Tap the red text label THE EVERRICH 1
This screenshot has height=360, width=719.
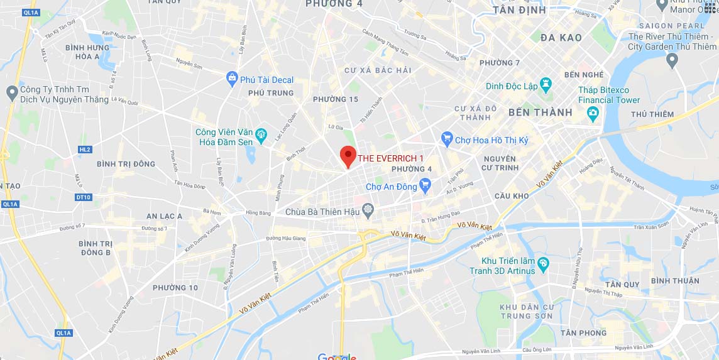[x=391, y=158]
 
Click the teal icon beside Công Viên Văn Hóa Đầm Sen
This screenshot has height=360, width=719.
[x=261, y=134]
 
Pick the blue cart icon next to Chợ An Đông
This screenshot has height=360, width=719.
[x=425, y=185]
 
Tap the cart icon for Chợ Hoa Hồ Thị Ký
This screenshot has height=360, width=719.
[x=447, y=138]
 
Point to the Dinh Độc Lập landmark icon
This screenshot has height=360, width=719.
[x=546, y=84]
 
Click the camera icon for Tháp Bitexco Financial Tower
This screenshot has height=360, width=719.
[x=592, y=113]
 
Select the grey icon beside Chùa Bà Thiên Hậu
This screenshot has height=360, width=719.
[x=368, y=209]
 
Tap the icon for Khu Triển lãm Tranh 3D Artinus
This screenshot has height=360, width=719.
[x=544, y=263]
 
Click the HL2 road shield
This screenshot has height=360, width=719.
[x=85, y=150]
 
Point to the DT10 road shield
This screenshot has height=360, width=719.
[x=83, y=197]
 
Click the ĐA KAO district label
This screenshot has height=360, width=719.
[x=561, y=38]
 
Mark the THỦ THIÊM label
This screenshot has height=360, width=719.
[x=652, y=114]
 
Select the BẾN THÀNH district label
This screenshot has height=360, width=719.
[x=540, y=112]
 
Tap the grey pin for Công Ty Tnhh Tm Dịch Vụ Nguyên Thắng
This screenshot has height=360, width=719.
[x=11, y=94]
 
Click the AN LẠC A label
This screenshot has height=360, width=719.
[x=164, y=216]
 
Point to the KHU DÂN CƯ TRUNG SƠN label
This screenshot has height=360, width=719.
[x=527, y=311]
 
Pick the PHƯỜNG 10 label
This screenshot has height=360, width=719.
[x=175, y=288]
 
